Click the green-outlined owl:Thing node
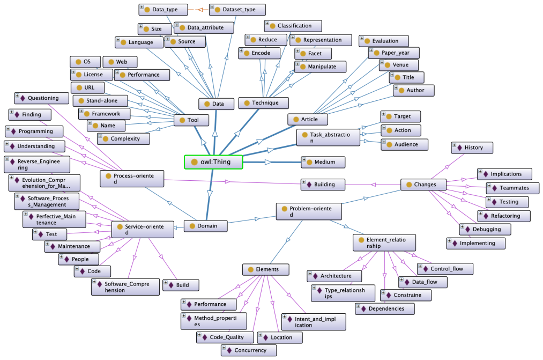213,162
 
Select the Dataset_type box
237,9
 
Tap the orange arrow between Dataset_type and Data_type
198,10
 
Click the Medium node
323,162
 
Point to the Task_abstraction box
328,137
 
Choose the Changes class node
423,185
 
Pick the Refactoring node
504,216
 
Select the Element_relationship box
384,243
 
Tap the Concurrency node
249,350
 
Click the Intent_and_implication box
314,322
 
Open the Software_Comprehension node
125,287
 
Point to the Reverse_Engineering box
36,164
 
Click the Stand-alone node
100,101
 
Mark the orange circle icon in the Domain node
192,226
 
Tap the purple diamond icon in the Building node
309,185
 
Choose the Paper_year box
394,53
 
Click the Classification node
293,26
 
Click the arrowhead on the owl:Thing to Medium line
268,162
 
